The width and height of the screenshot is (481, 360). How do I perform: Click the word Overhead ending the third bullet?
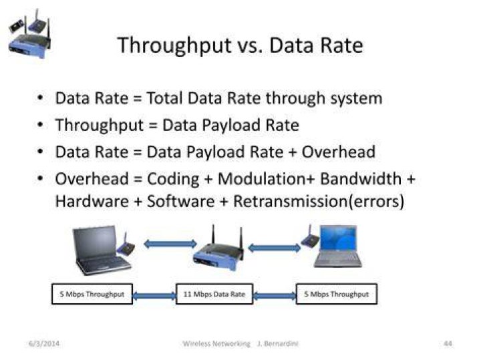(x=339, y=152)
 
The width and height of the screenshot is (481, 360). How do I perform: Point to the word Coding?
(x=173, y=180)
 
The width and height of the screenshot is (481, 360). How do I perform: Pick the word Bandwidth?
(x=361, y=179)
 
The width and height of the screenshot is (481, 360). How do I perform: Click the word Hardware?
(x=92, y=202)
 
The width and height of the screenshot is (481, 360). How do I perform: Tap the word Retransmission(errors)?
(x=319, y=202)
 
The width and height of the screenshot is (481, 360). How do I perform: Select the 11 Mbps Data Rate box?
(x=214, y=294)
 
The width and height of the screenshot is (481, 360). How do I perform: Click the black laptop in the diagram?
(x=100, y=250)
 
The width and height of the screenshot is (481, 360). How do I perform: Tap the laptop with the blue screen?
(x=338, y=246)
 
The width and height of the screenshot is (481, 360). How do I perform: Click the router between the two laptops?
(x=218, y=250)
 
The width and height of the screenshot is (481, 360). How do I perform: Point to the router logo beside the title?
(x=30, y=34)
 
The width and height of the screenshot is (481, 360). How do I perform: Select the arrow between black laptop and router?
(x=170, y=244)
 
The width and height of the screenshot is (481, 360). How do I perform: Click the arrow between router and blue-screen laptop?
(x=275, y=248)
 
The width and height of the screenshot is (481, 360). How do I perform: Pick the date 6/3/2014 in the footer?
(x=44, y=343)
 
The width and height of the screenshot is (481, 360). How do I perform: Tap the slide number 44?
(x=448, y=343)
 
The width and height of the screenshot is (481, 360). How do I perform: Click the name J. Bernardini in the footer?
(x=278, y=343)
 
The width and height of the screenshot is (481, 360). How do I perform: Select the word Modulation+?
(x=267, y=179)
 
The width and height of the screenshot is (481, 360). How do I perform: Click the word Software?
(x=181, y=202)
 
